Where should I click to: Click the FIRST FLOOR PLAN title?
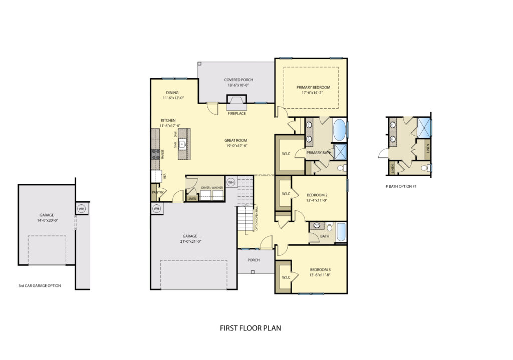[x=250, y=328]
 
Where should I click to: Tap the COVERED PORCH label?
[x=238, y=80]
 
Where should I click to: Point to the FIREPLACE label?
[x=236, y=114]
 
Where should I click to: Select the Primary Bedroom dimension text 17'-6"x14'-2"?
[x=313, y=93]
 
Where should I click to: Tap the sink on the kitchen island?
[x=184, y=145]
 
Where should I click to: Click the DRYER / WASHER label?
[x=211, y=188]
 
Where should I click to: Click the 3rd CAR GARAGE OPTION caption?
[x=40, y=286]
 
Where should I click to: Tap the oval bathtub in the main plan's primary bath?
[x=339, y=130]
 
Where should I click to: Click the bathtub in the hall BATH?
[x=341, y=232]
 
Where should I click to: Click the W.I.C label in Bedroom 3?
[x=286, y=277]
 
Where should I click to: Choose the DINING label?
[x=173, y=93]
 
